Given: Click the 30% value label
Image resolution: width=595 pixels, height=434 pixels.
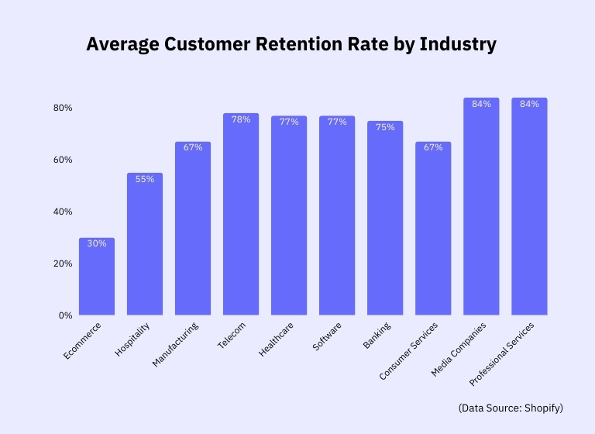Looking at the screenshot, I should coord(97,243).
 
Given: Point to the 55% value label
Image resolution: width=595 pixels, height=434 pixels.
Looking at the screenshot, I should coord(145,179).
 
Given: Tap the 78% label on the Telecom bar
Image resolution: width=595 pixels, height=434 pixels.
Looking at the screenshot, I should coord(241,119).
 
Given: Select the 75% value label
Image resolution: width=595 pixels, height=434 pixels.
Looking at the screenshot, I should coord(385,127).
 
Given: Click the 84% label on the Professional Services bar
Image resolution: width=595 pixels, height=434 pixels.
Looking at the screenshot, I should coord(529,104).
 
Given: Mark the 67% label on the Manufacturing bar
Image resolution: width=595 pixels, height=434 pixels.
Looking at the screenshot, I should coord(193,147).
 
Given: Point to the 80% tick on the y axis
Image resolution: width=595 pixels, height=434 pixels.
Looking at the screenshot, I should coord(63,108).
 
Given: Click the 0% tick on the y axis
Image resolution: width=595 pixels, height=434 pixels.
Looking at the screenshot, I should coord(65,315).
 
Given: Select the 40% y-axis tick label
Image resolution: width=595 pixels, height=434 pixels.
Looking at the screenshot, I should coord(63,212).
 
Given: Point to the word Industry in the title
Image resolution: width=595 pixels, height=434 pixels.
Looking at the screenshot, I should coord(457,44).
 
